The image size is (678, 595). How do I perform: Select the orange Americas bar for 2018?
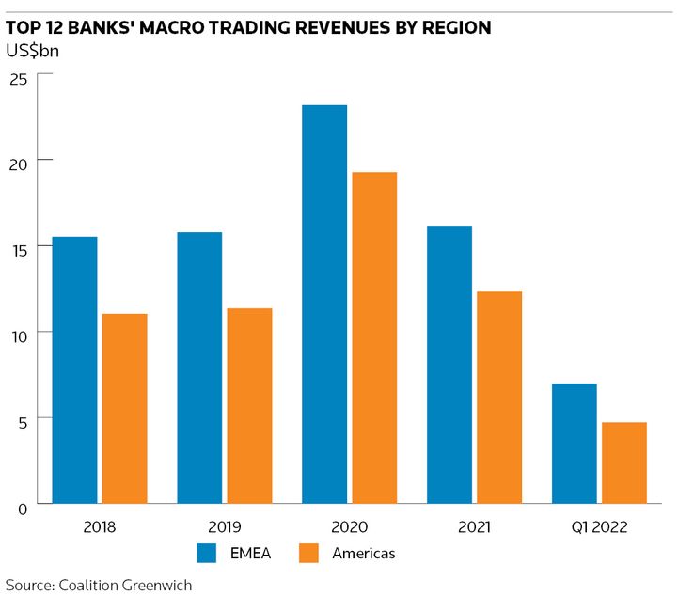coord(124,408)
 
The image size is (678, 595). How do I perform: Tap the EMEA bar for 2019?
coord(199,368)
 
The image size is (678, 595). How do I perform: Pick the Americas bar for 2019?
coord(249,405)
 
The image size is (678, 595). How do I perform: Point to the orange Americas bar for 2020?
coord(374,337)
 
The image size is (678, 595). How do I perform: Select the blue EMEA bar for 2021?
coord(449,364)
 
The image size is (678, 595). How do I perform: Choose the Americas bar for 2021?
coord(499,397)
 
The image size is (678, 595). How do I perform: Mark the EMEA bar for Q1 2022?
coord(574,443)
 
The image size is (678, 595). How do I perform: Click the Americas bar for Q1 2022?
coord(623,462)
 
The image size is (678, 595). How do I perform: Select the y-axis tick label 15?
coord(18,247)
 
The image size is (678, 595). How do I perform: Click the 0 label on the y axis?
coord(22,509)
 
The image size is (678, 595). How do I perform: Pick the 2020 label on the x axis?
coord(349,527)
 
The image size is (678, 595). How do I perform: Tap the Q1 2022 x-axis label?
coord(599,527)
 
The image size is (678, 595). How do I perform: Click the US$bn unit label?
coord(32,51)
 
